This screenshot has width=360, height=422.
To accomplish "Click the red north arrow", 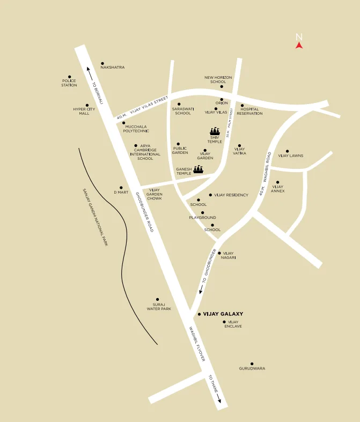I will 299,46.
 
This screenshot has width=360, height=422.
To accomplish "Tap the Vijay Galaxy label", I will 223,314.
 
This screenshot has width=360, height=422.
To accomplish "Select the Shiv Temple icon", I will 215,131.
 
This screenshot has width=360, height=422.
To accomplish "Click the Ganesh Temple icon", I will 198,170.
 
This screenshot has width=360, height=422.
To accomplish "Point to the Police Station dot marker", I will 69,77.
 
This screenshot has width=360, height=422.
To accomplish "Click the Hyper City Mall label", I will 84,111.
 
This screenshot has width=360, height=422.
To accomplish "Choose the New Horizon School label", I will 218,79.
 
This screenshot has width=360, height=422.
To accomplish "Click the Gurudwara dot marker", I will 252,363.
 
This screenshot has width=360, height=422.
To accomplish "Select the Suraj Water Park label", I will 158,306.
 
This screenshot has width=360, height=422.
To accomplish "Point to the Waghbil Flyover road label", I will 196,344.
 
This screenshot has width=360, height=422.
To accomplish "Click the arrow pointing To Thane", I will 218,397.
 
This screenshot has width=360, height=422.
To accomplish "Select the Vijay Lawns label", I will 290,156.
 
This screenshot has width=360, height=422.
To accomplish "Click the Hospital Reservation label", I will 249,111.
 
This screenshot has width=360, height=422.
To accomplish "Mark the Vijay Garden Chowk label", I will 155,194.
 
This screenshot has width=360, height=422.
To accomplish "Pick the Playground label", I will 202,218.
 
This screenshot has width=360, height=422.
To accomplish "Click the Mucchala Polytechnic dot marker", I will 124,123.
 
